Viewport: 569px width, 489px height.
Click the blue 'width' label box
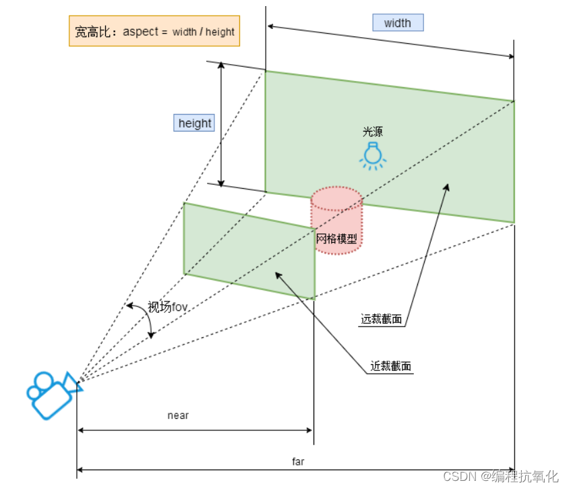click(398, 23)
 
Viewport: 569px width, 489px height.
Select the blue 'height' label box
click(194, 123)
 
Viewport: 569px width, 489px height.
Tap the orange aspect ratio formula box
click(154, 32)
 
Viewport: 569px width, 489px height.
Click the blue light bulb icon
click(371, 154)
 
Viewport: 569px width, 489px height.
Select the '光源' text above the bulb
click(372, 132)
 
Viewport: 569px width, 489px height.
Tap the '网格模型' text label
click(336, 238)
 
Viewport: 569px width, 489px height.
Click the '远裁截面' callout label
click(382, 319)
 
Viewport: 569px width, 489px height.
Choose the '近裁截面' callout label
click(391, 366)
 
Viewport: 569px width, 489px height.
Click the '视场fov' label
click(167, 308)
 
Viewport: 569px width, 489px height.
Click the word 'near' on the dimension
click(178, 415)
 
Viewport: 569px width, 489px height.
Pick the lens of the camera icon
click(73, 382)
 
